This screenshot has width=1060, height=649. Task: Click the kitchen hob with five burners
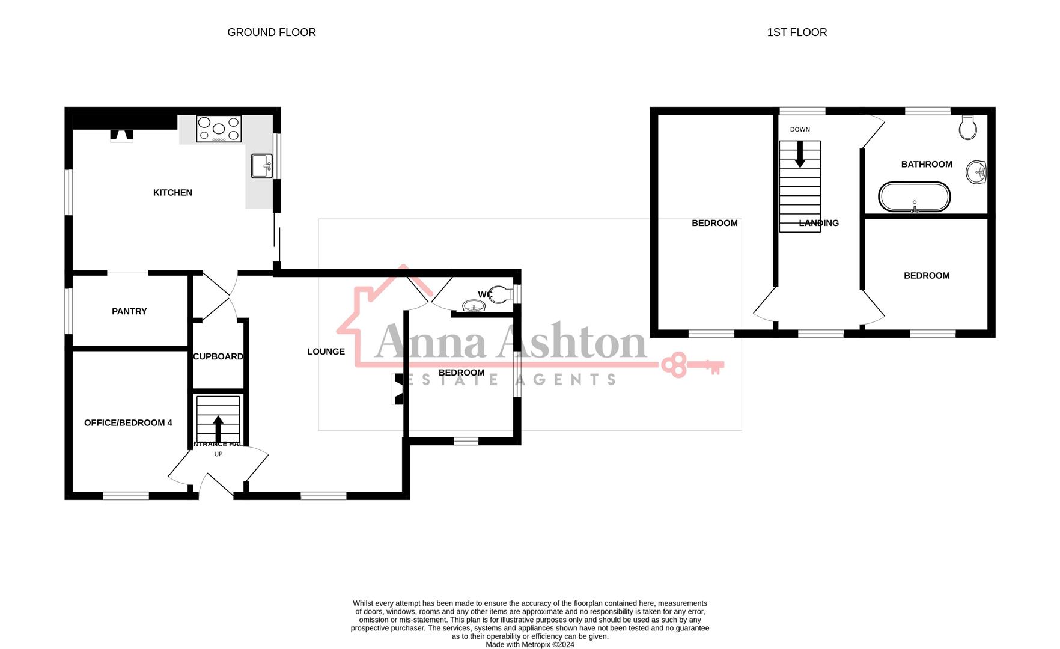click(x=219, y=129)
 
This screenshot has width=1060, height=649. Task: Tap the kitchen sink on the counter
click(x=262, y=166)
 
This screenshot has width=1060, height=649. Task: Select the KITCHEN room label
click(x=172, y=193)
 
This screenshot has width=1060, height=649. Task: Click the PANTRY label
click(x=129, y=311)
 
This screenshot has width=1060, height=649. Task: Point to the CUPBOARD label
click(x=218, y=356)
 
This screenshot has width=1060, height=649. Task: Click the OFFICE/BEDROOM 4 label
click(x=128, y=423)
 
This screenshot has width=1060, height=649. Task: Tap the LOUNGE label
click(x=326, y=352)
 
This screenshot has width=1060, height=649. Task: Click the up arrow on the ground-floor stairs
click(x=218, y=428)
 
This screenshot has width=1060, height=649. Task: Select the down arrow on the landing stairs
click(x=800, y=155)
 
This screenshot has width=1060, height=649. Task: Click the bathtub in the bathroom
click(x=914, y=197)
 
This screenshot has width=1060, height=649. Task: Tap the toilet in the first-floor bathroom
click(x=967, y=127)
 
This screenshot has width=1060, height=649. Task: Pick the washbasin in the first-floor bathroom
click(x=976, y=172)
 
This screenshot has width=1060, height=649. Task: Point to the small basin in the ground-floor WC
click(x=474, y=306)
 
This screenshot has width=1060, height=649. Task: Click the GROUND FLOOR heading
click(x=272, y=32)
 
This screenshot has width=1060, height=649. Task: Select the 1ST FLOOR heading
click(x=797, y=32)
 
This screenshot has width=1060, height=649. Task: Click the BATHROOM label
click(x=926, y=164)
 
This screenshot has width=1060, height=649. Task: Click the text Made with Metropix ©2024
click(x=529, y=644)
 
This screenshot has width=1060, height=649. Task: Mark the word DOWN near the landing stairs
click(x=800, y=129)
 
